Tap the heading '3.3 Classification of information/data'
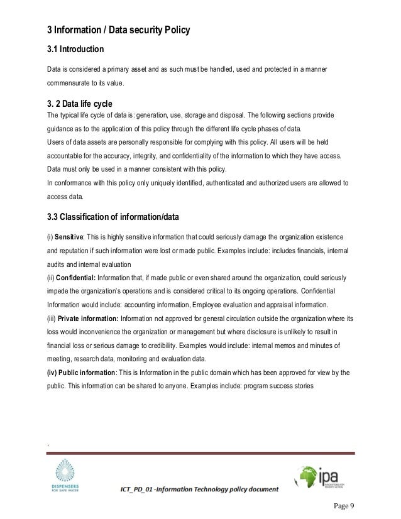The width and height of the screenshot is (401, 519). tap(113, 218)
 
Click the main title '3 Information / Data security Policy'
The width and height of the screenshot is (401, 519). tap(119, 29)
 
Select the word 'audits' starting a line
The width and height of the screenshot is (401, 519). tap(57, 264)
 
